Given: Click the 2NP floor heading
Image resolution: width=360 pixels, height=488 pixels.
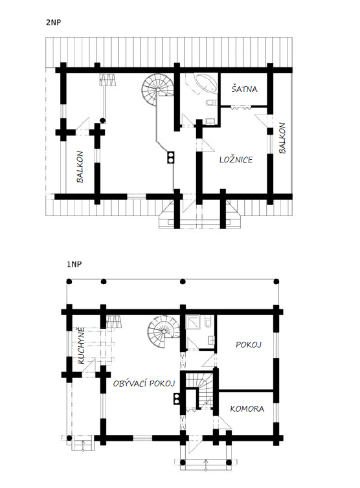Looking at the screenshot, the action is tap(53, 23).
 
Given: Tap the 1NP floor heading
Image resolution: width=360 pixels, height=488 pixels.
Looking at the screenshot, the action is tap(74, 264).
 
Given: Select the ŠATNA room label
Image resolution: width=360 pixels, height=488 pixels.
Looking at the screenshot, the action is tap(245, 89).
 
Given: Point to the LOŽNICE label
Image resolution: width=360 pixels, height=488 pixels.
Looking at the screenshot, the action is tap(236, 160).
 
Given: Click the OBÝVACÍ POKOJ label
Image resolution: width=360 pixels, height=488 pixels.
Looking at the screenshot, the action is tap(144, 383).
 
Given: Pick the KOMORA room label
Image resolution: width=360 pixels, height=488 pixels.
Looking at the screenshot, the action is tap(247, 408).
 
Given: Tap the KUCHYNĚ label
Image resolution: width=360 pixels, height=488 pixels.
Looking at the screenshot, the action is tap(81, 346).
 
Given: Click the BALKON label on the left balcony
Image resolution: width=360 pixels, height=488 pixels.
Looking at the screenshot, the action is tap(80, 167).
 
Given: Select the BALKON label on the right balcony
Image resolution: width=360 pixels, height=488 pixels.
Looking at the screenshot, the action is tap(282, 138).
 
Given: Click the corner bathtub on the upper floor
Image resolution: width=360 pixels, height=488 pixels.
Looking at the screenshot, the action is tap(205, 82).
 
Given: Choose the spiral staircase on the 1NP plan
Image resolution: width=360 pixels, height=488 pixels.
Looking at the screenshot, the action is tap(164, 331).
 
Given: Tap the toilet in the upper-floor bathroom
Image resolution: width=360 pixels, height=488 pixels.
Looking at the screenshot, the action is tap(211, 102).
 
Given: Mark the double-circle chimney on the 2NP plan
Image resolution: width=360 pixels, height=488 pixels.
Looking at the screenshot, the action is tap(171, 157).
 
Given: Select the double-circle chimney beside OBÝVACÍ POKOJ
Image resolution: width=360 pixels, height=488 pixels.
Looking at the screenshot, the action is tap(177, 399).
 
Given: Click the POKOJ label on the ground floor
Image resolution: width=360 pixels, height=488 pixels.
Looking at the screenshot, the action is tap(249, 344).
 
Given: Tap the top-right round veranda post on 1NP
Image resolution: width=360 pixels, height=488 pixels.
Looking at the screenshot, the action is tap(276, 282).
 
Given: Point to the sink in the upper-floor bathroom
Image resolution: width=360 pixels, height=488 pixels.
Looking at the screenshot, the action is tap(209, 122).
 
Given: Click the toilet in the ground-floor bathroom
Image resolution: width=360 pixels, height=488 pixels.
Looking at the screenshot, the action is tap(208, 322).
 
